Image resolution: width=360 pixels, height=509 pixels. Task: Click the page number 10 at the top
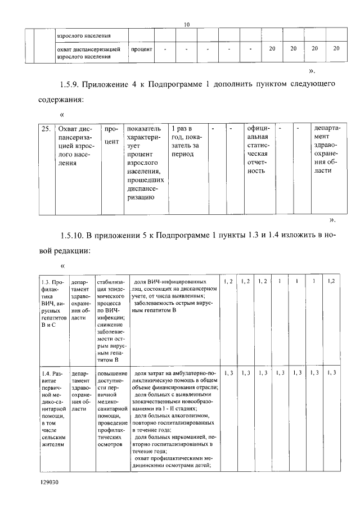coord(187,24)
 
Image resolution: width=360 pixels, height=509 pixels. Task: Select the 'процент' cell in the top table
coord(142,49)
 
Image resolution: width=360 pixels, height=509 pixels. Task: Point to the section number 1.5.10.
coord(72,233)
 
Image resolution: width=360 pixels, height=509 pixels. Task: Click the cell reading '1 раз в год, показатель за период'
coord(187,141)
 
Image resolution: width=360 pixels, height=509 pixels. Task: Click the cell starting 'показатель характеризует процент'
coord(146,163)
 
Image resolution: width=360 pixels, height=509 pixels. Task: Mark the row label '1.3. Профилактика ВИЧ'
coord(53,304)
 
